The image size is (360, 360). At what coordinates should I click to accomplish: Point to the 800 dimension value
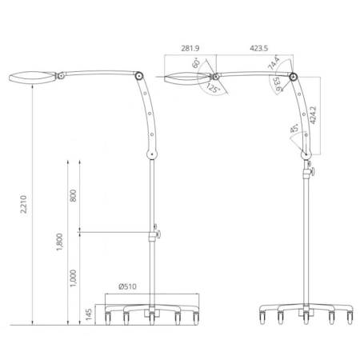click(x=73, y=196)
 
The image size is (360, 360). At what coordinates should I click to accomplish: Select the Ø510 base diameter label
click(x=129, y=286)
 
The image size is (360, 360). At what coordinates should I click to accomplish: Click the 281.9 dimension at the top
click(x=191, y=48)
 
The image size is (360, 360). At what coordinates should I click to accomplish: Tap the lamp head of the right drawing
click(x=183, y=78)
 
